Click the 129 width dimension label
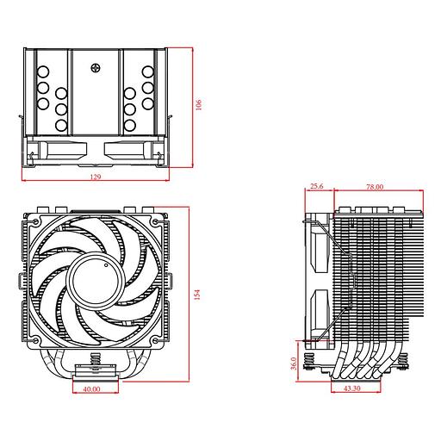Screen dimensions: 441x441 (95, 177)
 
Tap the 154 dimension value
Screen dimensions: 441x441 (198, 295)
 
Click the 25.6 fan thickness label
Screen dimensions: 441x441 (316, 186)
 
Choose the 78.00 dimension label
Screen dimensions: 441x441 (375, 186)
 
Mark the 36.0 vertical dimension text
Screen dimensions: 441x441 (294, 363)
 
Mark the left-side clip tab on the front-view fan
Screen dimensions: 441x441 (20, 280)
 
